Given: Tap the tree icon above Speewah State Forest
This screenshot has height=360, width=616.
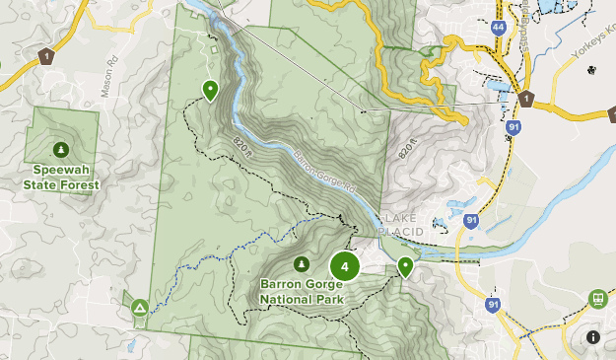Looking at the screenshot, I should (62, 149).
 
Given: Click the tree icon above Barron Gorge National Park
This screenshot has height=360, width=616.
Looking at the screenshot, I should (301, 264).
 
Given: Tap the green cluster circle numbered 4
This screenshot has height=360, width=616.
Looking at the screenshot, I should (344, 265).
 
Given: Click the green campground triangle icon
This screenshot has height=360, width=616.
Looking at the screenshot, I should (140, 309).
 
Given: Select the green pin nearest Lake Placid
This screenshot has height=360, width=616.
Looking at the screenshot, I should (405, 265).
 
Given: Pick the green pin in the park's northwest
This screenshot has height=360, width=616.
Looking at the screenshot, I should (210, 90).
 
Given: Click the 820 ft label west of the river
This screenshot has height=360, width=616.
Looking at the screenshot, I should (243, 148).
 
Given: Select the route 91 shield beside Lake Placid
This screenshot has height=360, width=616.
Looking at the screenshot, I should (473, 222).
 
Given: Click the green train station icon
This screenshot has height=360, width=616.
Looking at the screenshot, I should (596, 299).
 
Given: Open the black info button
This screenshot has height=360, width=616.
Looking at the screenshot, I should (592, 337).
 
